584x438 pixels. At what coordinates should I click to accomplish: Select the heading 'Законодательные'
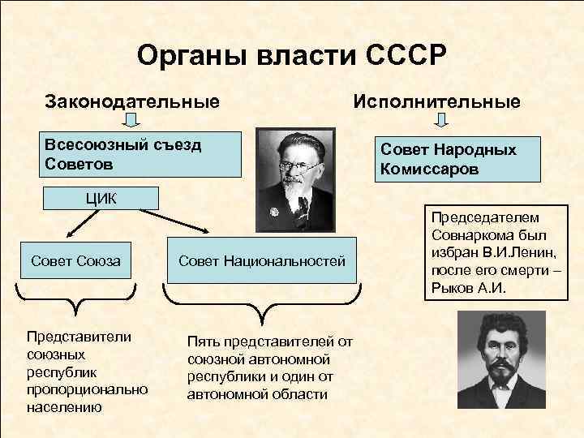pos(132,102)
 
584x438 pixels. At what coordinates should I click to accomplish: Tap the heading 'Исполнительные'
pos(436,102)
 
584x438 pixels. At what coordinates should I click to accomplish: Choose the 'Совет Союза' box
pos(75,261)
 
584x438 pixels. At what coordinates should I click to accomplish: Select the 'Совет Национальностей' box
pos(261,261)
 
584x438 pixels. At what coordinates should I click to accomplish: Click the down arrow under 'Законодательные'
pos(133,121)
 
